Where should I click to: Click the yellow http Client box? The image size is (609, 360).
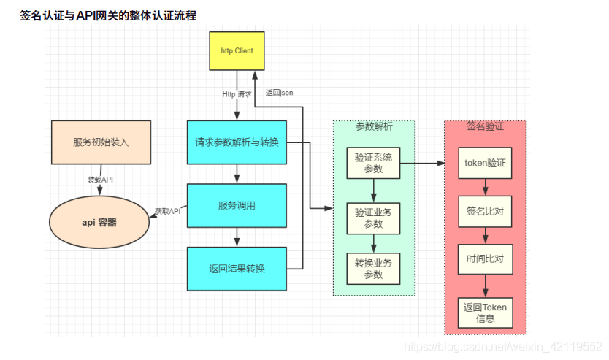[x=237, y=51]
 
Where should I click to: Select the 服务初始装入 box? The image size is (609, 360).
[x=101, y=142]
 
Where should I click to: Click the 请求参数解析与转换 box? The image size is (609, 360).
[x=237, y=142]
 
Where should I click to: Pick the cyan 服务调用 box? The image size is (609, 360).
[x=237, y=205]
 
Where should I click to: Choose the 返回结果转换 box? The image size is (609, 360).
[x=237, y=268]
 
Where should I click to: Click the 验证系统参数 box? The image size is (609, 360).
[x=373, y=163]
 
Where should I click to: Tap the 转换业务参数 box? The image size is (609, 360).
[x=373, y=269]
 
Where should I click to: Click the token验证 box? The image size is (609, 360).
[x=485, y=163]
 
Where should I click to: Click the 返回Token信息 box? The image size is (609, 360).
[x=485, y=312]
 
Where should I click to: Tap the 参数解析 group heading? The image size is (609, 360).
[x=373, y=126]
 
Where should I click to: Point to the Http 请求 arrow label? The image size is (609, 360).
[x=237, y=94]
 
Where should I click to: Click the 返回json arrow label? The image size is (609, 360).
[x=279, y=93]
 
